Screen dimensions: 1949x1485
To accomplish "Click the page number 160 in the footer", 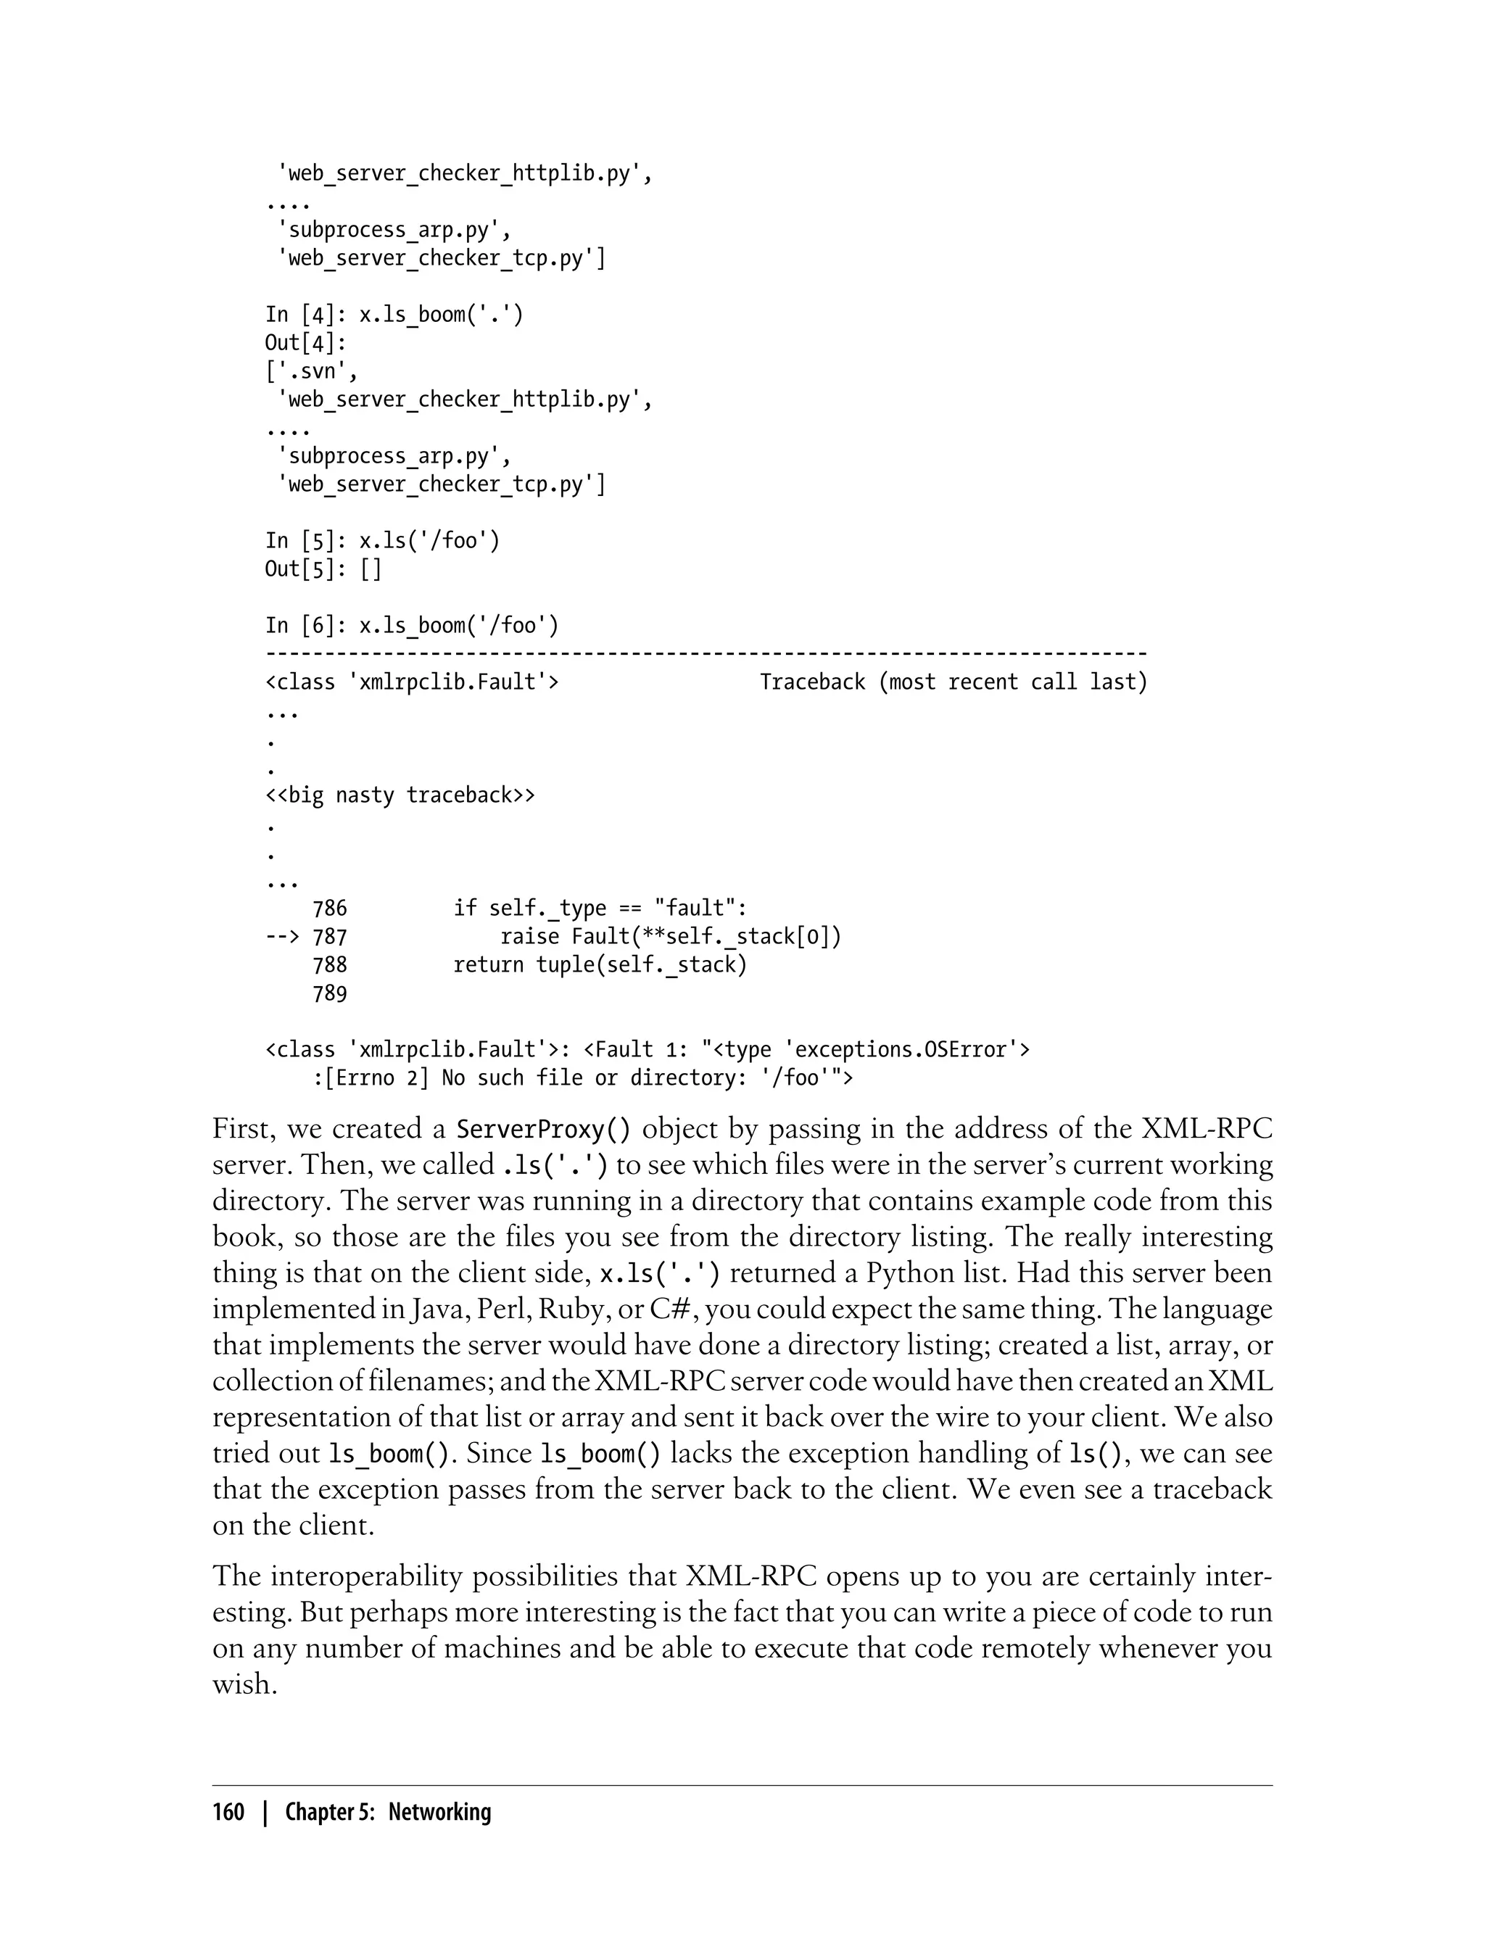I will [x=228, y=1812].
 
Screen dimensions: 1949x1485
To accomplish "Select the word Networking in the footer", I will [x=439, y=1812].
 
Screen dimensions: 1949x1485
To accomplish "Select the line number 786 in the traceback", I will [x=330, y=909].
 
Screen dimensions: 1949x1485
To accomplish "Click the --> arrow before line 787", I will [x=282, y=937].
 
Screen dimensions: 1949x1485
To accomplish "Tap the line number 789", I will [x=330, y=994].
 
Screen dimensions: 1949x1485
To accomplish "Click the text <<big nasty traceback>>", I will [x=400, y=795].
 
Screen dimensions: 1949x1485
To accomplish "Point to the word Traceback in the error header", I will [x=812, y=682].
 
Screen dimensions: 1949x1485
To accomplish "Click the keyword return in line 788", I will [x=489, y=965].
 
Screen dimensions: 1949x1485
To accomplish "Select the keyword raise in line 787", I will [x=529, y=937].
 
